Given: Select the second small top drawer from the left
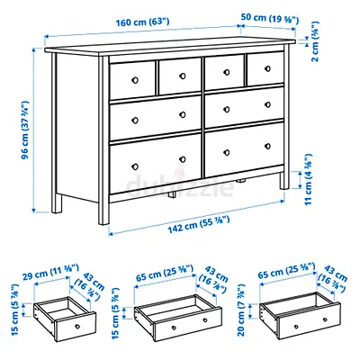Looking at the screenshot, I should [179, 77].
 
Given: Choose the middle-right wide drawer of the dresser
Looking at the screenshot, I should [244, 113].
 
